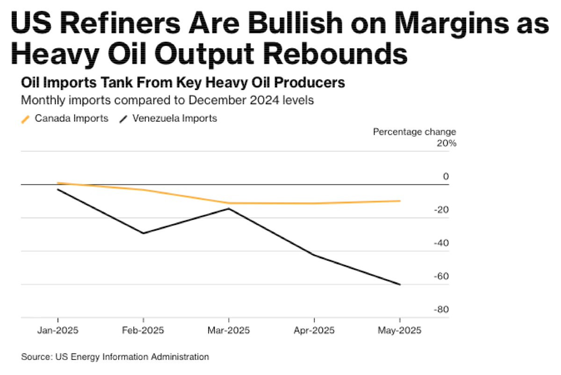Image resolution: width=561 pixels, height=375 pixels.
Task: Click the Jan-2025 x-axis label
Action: pyautogui.click(x=58, y=330)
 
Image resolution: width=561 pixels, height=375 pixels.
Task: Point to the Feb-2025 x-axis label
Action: pyautogui.click(x=143, y=330)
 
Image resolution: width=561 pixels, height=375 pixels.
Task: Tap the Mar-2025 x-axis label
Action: pyautogui.click(x=228, y=330)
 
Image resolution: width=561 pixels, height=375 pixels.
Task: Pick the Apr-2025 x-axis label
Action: pyautogui.click(x=314, y=330)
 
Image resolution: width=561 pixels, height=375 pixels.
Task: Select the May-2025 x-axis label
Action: pyautogui.click(x=400, y=330)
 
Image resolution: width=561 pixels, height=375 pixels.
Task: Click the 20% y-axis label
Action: pyautogui.click(x=446, y=143)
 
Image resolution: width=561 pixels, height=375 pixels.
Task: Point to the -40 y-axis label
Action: pyautogui.click(x=442, y=243)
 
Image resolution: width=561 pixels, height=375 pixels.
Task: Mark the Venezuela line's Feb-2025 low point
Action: pyautogui.click(x=143, y=233)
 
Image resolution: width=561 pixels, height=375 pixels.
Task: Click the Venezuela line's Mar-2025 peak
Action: pyautogui.click(x=228, y=208)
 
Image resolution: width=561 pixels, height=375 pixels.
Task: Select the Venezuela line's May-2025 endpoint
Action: pyautogui.click(x=400, y=284)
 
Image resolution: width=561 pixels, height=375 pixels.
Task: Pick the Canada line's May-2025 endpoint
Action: pyautogui.click(x=400, y=201)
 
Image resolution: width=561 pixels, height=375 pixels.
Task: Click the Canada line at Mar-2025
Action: pyautogui.click(x=228, y=203)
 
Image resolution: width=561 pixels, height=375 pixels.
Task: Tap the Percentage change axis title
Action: pyautogui.click(x=414, y=132)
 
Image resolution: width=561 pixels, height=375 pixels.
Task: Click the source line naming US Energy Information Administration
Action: pyautogui.click(x=115, y=357)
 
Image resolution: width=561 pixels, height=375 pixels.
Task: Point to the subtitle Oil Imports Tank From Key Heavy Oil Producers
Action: pyautogui.click(x=183, y=83)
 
